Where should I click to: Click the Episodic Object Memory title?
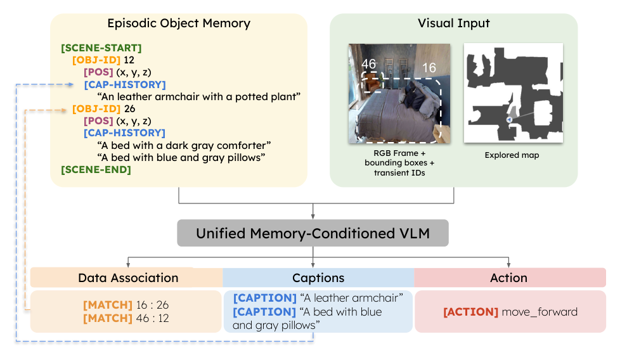(x=179, y=24)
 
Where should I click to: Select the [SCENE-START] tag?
(x=101, y=48)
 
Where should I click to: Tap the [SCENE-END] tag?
(x=96, y=169)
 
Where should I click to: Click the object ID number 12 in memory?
(x=130, y=60)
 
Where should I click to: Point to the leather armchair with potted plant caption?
(x=198, y=96)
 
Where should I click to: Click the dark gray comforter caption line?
(x=184, y=145)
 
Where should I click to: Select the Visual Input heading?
(x=453, y=24)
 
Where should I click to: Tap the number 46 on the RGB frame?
(x=369, y=64)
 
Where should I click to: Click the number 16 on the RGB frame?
(x=429, y=68)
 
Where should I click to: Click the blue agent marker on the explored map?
(x=509, y=119)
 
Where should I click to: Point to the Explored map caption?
(x=512, y=155)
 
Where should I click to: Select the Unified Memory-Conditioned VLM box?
(x=313, y=233)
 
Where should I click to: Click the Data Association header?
(x=127, y=278)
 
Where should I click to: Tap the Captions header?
(x=318, y=278)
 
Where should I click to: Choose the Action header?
(x=508, y=278)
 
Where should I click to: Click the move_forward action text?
(x=540, y=311)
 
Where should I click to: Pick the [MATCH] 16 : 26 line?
(x=127, y=305)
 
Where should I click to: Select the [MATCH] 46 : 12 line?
(x=127, y=318)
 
